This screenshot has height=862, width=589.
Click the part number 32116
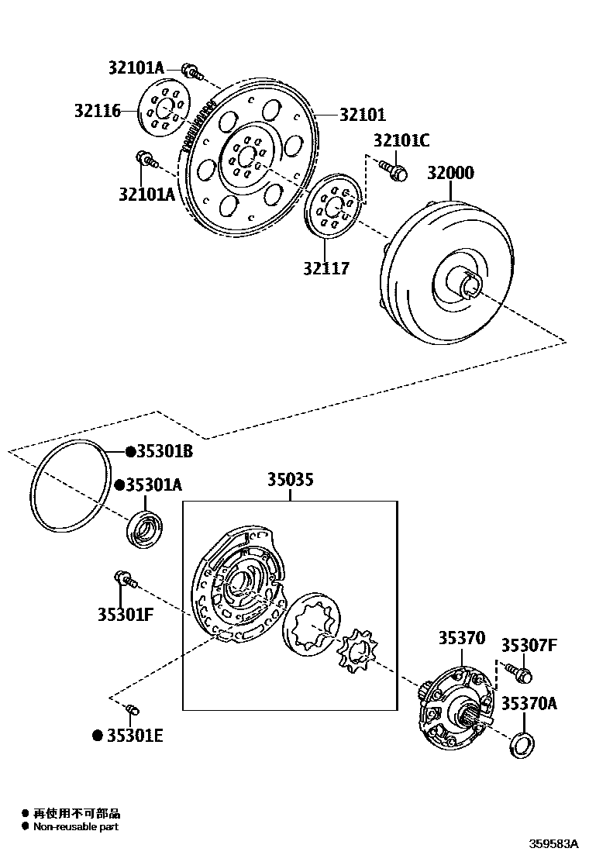98,111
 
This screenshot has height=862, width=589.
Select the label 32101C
401,140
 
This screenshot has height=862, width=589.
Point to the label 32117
326,269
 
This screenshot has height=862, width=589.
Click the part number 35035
291,480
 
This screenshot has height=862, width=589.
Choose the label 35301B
164,451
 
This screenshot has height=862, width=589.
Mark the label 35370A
529,704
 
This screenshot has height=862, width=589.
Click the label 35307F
529,645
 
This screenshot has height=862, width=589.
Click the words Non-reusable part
75,827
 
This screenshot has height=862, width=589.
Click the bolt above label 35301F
125,578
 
